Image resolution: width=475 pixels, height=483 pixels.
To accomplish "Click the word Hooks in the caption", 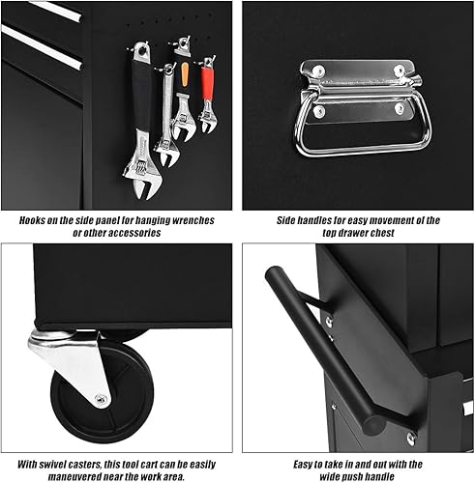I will (37, 220).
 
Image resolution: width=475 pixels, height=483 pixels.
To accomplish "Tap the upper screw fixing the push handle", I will (328, 320).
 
